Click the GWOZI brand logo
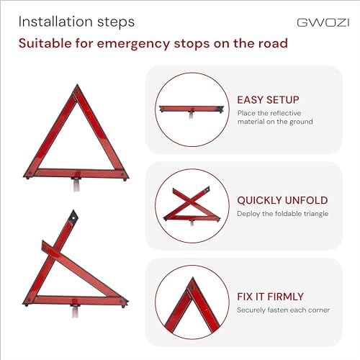pos(323,22)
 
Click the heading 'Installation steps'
pos(76,22)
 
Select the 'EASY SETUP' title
pos(268,100)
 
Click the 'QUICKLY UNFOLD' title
pos(282,200)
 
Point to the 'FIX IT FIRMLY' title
pos(270,297)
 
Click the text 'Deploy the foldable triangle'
pos(282,214)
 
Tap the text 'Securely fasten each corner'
pos(283,310)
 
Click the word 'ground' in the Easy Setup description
pos(301,122)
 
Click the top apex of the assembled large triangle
pos(77,85)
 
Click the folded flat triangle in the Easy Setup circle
pos(192,110)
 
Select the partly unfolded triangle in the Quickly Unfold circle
pos(192,206)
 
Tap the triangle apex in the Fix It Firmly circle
pos(192,279)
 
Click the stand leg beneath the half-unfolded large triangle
pos(75,311)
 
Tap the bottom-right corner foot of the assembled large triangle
pos(125,179)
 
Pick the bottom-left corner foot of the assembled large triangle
pos(27,178)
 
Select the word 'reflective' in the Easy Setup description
pos(286,113)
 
